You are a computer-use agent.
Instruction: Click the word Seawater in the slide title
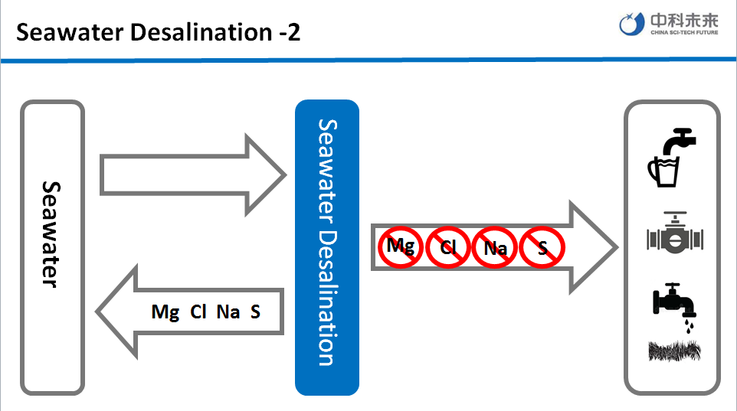pyautogui.click(x=62, y=32)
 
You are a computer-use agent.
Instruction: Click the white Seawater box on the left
pyautogui.click(x=52, y=249)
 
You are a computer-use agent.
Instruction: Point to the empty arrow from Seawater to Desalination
pyautogui.click(x=192, y=175)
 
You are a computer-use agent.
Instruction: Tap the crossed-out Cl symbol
pyautogui.click(x=448, y=247)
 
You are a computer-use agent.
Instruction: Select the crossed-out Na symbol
pyautogui.click(x=495, y=247)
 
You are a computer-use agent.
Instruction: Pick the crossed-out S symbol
pyautogui.click(x=542, y=247)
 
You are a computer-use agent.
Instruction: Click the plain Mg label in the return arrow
pyautogui.click(x=165, y=312)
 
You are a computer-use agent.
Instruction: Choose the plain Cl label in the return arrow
pyautogui.click(x=198, y=312)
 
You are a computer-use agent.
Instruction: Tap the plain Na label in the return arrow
pyautogui.click(x=228, y=312)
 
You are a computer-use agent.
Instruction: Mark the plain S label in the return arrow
pyautogui.click(x=255, y=312)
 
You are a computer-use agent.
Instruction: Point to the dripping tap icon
pyautogui.click(x=674, y=305)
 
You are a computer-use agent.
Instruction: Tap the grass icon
pyautogui.click(x=674, y=351)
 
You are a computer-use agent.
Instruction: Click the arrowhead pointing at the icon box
pyautogui.click(x=594, y=247)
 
